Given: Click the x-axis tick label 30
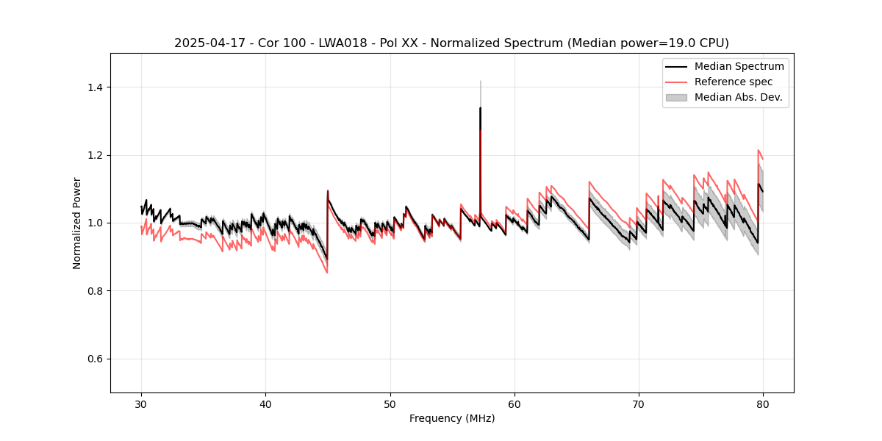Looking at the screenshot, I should coord(141,404).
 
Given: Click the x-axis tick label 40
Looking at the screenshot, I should coord(265,404).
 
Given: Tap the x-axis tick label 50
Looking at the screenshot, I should coord(390,404).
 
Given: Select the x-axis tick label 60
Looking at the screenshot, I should coord(514,404).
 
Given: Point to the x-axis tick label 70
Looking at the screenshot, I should coord(639,404).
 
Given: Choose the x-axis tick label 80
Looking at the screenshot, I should coord(763,404).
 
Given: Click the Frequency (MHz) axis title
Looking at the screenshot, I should coord(452,418).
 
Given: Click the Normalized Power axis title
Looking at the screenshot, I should coord(77,223).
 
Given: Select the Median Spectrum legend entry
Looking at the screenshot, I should coord(739,66).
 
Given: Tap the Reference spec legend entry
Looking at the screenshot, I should coord(733,82).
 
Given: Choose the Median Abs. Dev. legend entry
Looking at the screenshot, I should coord(738,97).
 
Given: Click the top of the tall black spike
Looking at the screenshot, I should coord(480,108).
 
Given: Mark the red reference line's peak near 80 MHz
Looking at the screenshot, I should coord(759,150).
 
